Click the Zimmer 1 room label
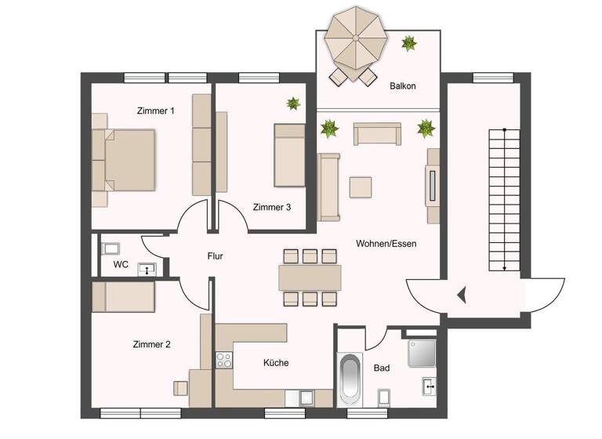pyautogui.click(x=155, y=111)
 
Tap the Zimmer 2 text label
pyautogui.click(x=152, y=344)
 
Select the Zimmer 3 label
pyautogui.click(x=272, y=208)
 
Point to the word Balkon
pyautogui.click(x=402, y=86)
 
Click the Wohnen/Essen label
pyautogui.click(x=386, y=244)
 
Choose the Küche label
pyautogui.click(x=276, y=363)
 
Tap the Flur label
pyautogui.click(x=216, y=256)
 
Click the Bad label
pyautogui.click(x=382, y=368)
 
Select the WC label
pyautogui.click(x=121, y=265)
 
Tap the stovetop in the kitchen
pyautogui.click(x=224, y=361)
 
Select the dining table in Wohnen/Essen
pyautogui.click(x=310, y=277)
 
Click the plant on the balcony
pyautogui.click(x=408, y=43)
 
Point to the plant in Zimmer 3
pyautogui.click(x=293, y=103)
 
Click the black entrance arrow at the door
pyautogui.click(x=462, y=295)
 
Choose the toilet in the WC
pyautogui.click(x=111, y=249)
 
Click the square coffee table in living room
pyautogui.click(x=361, y=187)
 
